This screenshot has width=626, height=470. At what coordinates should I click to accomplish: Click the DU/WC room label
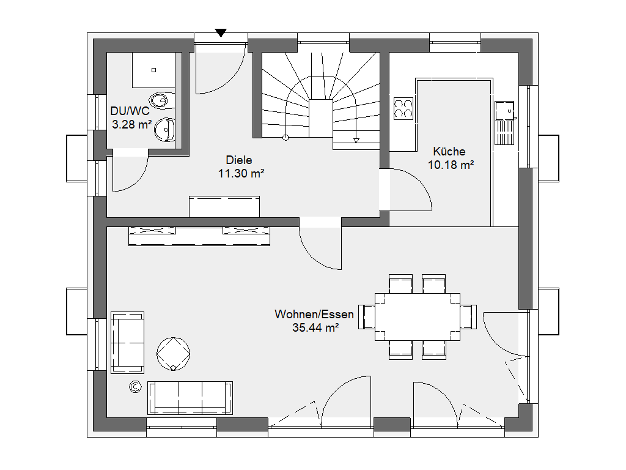pos(130,111)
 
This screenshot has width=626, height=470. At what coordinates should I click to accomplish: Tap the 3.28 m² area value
pos(132,125)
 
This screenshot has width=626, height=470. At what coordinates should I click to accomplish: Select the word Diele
pos(239,160)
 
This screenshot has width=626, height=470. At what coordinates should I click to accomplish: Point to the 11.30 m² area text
pos(241,174)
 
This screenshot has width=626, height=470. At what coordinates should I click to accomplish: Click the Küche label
pos(449,152)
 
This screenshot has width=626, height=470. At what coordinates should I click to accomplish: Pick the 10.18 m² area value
pos(451,165)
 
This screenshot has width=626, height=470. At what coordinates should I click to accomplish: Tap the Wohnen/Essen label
pos(314,315)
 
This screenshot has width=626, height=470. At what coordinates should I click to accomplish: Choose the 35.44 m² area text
pos(316,328)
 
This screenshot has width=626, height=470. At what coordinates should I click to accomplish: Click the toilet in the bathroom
pos(161,100)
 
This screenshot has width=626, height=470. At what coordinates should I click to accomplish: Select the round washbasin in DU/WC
pos(164,130)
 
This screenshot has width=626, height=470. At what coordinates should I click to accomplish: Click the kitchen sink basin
pos(504,111)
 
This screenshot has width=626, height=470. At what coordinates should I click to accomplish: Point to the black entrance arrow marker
pos(221,33)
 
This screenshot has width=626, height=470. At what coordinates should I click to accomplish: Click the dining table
pos(417,317)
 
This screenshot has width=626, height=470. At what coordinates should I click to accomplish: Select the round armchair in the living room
pos(173,354)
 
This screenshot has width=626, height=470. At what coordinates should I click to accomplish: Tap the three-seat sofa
pos(190,398)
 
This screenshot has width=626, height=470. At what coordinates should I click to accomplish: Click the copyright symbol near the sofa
pos(136,387)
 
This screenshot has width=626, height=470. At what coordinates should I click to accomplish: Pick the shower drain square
pos(153,70)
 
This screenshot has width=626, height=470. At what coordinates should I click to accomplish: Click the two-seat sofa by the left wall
pos(127,343)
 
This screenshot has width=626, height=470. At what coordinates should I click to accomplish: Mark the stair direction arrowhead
pos(356,140)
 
